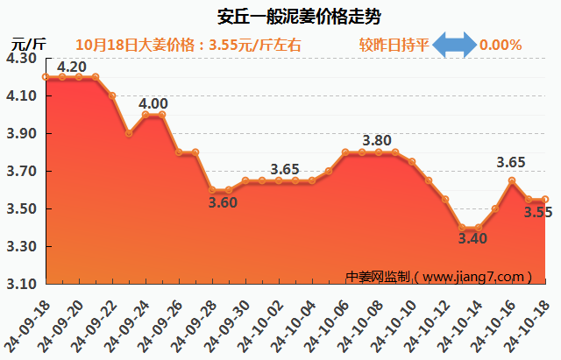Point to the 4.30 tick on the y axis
pyautogui.click(x=21, y=59)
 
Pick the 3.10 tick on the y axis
pyautogui.click(x=21, y=285)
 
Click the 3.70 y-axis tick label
pyautogui.click(x=21, y=172)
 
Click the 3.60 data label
pyautogui.click(x=223, y=203)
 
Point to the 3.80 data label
pyautogui.click(x=376, y=140)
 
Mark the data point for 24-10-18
pyautogui.click(x=545, y=200)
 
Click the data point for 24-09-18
pyautogui.click(x=46, y=77)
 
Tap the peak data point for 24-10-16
pyautogui.click(x=512, y=180)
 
